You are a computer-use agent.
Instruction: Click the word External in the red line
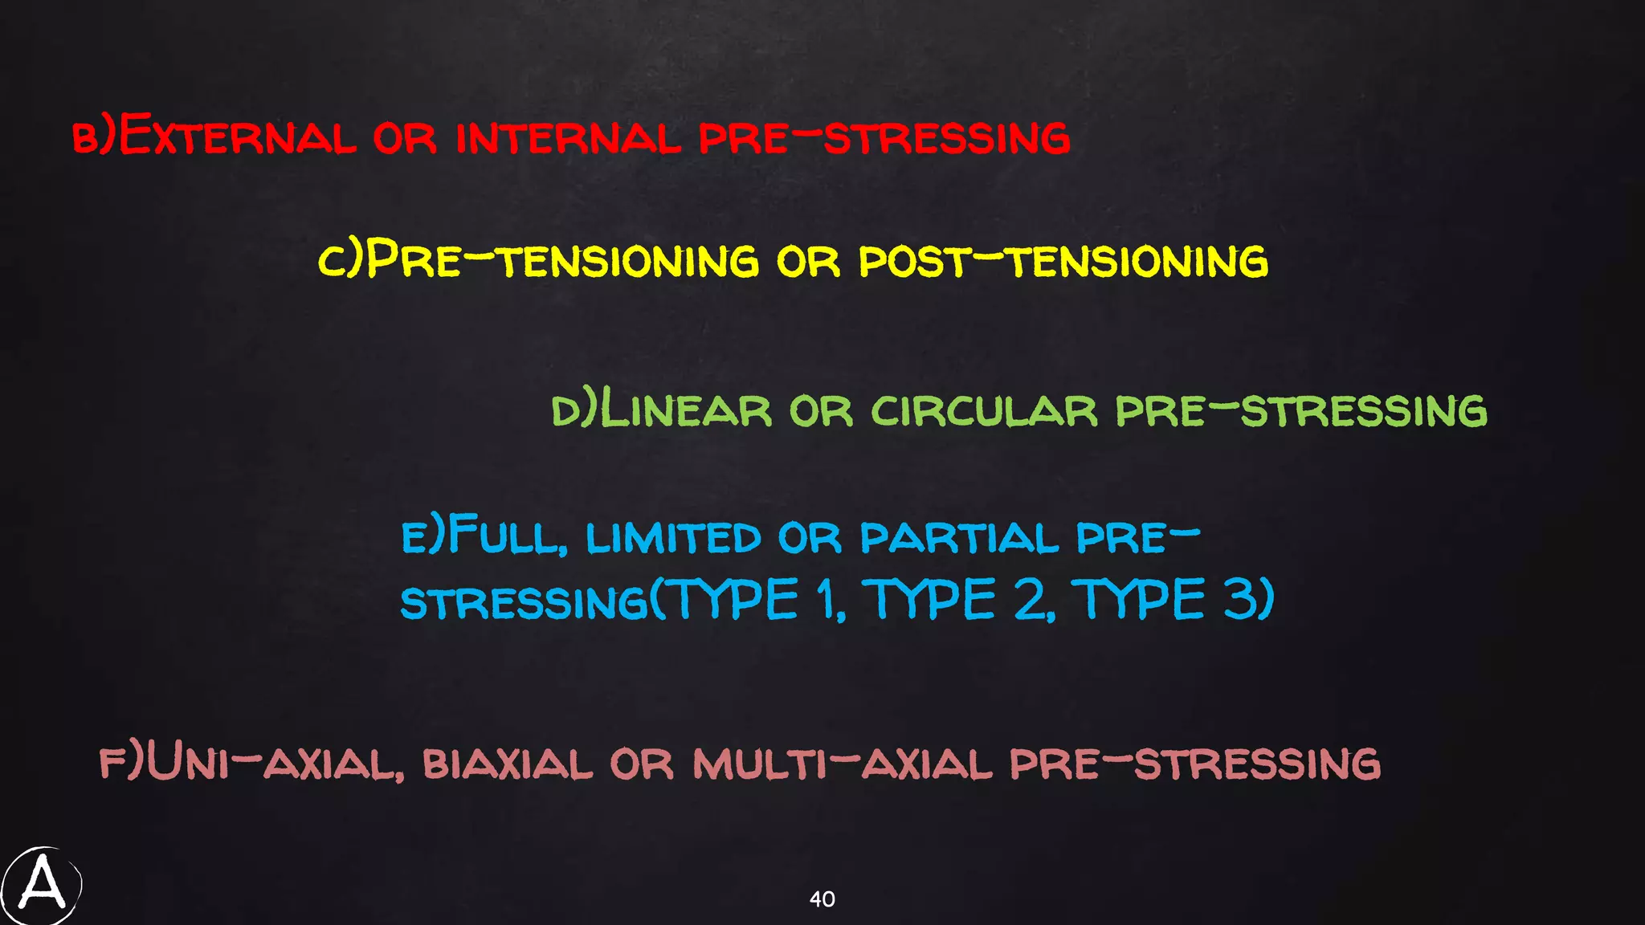[237, 136]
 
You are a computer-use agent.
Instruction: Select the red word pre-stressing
[884, 137]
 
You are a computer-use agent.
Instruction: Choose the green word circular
[984, 410]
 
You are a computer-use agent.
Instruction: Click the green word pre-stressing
[1301, 410]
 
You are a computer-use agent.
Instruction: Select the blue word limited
[673, 537]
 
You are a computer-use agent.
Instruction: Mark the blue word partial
[959, 537]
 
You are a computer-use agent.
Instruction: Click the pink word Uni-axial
[273, 763]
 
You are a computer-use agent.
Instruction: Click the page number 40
[822, 899]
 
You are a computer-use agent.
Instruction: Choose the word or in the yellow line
[808, 261]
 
